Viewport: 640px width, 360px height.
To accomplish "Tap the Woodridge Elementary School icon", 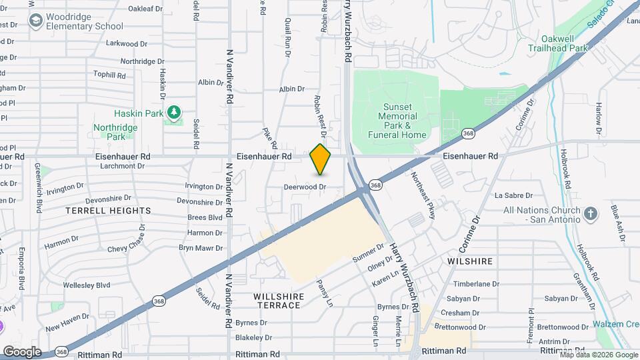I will click(35, 21).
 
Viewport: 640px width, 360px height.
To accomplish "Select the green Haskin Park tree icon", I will click(173, 112).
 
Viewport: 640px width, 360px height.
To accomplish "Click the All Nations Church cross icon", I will click(589, 214).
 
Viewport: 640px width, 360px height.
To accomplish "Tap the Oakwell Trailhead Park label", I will click(558, 43).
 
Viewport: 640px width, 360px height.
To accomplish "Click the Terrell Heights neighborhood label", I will click(108, 211).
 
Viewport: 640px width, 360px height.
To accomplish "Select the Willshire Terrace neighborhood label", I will click(279, 301).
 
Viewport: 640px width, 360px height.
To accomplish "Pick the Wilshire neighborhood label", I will click(470, 261).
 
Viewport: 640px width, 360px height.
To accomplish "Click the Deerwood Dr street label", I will click(305, 187).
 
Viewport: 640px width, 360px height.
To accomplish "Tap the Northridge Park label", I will click(115, 132).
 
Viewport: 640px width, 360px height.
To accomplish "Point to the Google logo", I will click(21, 351).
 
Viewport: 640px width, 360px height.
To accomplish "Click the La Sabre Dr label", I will click(513, 196).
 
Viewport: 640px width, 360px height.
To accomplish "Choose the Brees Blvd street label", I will click(205, 217).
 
